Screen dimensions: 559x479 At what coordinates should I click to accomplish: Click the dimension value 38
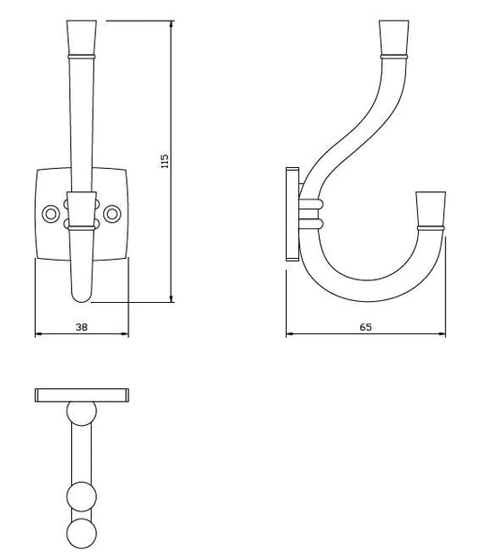coord(81,328)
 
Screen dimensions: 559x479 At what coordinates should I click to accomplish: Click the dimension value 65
coord(366,328)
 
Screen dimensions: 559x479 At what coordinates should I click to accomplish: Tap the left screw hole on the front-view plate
coord(50,214)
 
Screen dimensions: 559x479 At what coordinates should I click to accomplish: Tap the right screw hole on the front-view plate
coord(112,214)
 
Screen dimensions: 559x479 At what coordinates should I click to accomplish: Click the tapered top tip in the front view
coord(81,37)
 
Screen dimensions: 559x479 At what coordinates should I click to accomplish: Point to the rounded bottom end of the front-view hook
coord(81,291)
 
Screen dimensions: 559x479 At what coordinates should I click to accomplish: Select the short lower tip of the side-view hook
coord(430,208)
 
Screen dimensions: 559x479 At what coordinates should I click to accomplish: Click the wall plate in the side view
coord(291,212)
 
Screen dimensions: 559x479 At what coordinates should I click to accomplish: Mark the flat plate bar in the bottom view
coord(83,394)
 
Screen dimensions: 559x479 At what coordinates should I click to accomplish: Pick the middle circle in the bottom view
coord(83,496)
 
